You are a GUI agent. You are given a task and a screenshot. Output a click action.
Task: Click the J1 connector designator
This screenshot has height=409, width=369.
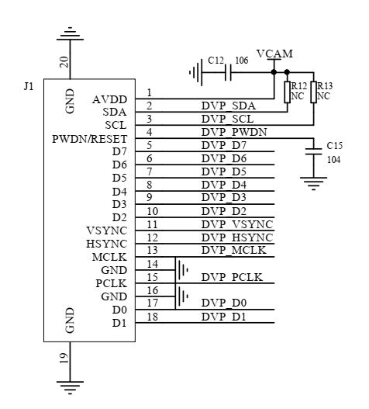pos(29,86)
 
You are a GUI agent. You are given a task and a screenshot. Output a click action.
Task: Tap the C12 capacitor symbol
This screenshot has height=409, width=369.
pos(226,73)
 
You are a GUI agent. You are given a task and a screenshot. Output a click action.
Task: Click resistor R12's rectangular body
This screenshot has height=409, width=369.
pos(287,92)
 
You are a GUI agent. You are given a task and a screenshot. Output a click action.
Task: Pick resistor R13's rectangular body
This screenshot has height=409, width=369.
pos(314,92)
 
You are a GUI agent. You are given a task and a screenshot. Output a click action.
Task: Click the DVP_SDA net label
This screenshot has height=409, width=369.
pos(228,106)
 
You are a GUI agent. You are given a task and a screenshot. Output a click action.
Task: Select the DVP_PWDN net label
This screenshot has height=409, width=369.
pos(233,132)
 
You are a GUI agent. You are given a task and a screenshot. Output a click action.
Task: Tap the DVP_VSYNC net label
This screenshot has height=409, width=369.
pos(236,224)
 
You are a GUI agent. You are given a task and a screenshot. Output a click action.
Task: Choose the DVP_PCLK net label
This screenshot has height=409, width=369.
pos(233,277)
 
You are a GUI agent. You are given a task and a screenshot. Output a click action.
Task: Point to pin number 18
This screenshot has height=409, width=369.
pos(153,317)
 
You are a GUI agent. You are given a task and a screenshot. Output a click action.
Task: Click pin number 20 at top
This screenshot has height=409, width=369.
pos(64,62)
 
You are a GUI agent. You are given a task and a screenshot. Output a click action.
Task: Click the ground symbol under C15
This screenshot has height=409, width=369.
pos(313,185)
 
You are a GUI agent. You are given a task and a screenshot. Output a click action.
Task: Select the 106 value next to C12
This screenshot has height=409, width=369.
pos(242,60)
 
